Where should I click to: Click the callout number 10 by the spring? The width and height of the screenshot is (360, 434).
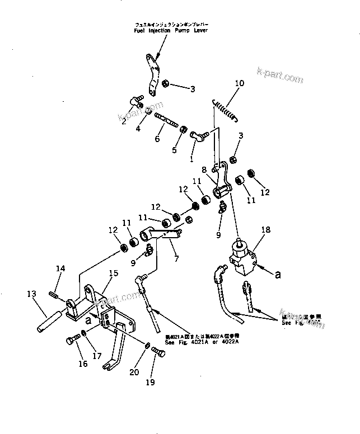click(239, 84)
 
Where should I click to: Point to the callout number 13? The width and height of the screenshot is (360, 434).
click(31, 294)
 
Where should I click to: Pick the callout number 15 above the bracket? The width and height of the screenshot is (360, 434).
click(114, 273)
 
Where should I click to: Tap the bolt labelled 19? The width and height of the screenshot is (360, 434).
click(158, 352)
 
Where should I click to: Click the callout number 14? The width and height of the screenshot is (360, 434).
click(60, 269)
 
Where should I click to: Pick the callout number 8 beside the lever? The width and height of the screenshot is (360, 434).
click(204, 169)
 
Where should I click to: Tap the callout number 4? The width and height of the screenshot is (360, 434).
click(138, 129)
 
